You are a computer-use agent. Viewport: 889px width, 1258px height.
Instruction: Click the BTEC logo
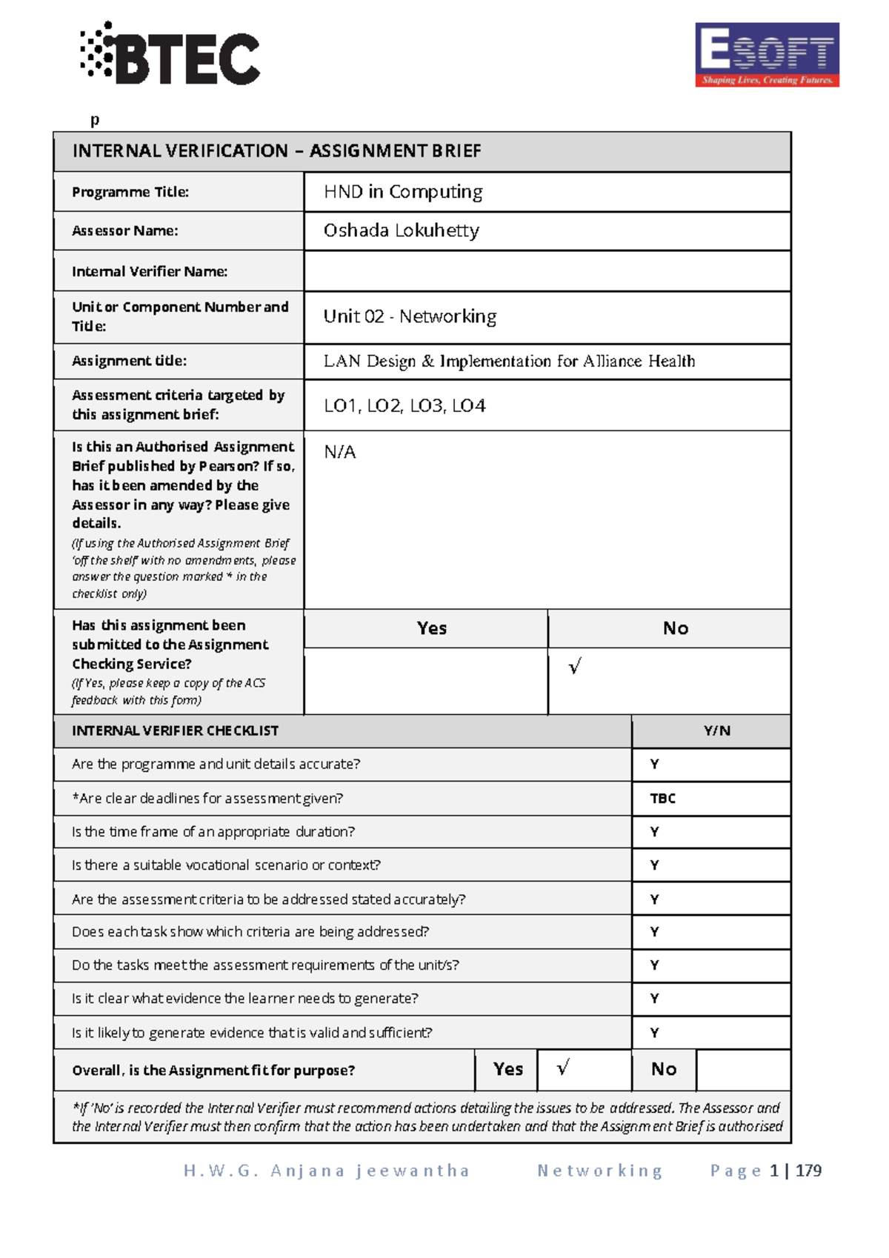click(x=170, y=53)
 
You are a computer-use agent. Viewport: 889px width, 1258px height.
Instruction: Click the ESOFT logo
click(x=767, y=55)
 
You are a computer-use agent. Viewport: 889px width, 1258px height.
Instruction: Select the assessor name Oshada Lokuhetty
click(x=401, y=230)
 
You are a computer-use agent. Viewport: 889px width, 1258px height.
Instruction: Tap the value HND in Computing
click(x=402, y=192)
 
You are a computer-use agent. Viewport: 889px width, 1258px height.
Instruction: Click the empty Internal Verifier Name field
click(x=547, y=271)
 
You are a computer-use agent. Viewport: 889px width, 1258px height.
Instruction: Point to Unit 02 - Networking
click(x=410, y=316)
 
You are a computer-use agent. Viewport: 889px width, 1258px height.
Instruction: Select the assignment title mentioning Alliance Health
click(x=509, y=361)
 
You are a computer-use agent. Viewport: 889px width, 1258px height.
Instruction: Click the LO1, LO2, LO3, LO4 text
click(x=404, y=405)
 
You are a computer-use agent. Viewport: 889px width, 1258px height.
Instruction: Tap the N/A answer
click(x=339, y=452)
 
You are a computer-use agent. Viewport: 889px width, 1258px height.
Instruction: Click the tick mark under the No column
click(x=575, y=667)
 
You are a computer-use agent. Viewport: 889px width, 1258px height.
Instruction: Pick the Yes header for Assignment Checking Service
click(x=431, y=628)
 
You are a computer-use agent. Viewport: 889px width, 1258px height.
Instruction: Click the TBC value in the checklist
click(x=662, y=798)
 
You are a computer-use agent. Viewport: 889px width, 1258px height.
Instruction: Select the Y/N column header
click(x=716, y=730)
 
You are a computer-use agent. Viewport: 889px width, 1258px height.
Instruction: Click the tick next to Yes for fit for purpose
click(x=563, y=1068)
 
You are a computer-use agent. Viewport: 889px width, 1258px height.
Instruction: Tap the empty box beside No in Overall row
click(x=743, y=1069)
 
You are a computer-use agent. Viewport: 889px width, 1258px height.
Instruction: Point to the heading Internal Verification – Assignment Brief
click(x=276, y=151)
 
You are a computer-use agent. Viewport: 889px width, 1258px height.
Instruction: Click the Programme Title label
click(x=130, y=192)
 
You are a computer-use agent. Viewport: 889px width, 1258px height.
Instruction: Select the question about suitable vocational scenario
click(x=226, y=865)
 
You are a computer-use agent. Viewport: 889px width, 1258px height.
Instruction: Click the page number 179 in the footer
click(x=808, y=1171)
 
